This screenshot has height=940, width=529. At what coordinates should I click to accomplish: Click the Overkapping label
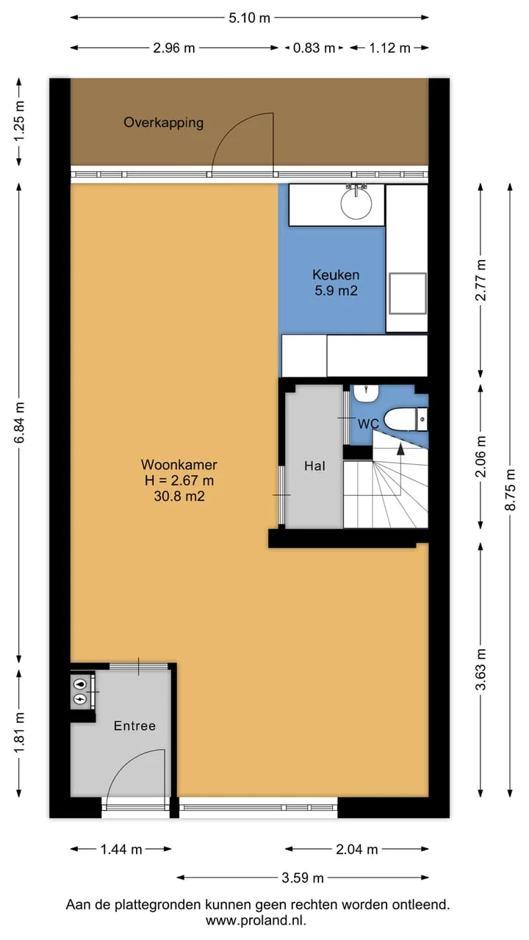pos(163,123)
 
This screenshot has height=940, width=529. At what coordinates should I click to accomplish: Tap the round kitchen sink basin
pos(356,204)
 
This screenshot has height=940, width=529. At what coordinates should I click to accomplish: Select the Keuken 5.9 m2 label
pos(336,283)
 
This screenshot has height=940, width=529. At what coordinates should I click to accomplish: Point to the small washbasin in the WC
pos(366,393)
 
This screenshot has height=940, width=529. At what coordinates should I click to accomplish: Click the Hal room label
pos(315,466)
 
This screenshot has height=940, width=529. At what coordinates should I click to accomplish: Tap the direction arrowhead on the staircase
pos(400,449)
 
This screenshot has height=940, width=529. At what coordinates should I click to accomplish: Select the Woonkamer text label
pos(179,465)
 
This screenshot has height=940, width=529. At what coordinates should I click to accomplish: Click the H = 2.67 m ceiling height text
pos(179,480)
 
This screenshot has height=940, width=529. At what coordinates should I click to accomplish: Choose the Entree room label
pos(134,726)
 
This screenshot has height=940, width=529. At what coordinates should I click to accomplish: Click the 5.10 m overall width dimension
pos(249,18)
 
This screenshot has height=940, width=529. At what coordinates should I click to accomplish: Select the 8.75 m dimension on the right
pos(510,490)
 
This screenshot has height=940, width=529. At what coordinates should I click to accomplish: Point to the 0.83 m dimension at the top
pos(314,48)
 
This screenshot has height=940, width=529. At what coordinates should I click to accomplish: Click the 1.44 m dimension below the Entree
pos(121,850)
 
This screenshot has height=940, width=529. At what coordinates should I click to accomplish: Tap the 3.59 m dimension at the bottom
pos(302,878)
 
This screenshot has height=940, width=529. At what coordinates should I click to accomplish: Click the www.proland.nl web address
pos(256,921)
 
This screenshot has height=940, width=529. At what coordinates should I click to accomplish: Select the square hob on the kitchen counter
pos(408,293)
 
